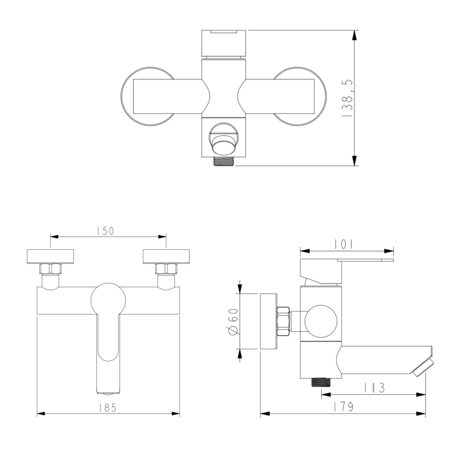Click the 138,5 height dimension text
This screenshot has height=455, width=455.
[x=347, y=98]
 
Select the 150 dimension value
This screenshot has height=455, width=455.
[x=105, y=231]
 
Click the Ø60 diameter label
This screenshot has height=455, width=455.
[x=233, y=321]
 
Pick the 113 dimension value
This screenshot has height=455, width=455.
[x=374, y=388]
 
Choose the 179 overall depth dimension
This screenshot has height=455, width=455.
[x=344, y=408]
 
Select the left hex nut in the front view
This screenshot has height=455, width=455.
[x=51, y=268]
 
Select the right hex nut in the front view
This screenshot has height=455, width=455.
[x=166, y=268]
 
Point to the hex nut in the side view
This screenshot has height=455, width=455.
[x=283, y=321]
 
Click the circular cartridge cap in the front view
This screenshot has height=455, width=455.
[x=108, y=299]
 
